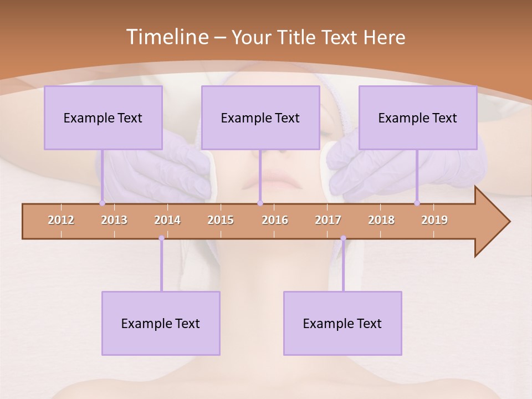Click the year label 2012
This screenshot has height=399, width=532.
click(x=61, y=220)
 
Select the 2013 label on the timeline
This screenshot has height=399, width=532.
click(x=114, y=220)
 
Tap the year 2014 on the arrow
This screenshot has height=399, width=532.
click(x=167, y=220)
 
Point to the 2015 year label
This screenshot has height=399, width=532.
click(x=221, y=220)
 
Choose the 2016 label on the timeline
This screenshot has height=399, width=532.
click(x=275, y=220)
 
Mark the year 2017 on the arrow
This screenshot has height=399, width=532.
click(x=328, y=220)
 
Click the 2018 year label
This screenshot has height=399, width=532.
click(x=381, y=220)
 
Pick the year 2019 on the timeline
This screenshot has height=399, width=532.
click(x=434, y=220)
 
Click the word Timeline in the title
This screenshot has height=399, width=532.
click(x=166, y=37)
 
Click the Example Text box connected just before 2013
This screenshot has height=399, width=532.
click(x=103, y=117)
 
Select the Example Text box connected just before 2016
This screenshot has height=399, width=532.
click(x=260, y=117)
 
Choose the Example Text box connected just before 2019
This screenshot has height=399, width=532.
click(x=418, y=117)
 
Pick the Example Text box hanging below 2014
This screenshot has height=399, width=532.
click(x=161, y=323)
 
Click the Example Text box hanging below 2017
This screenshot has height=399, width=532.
click(x=342, y=323)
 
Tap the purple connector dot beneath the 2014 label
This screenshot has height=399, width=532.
click(x=161, y=238)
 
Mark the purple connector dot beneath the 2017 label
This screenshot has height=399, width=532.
click(x=343, y=238)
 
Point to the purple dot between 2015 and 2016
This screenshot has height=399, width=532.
click(x=260, y=203)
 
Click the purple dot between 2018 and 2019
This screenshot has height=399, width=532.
click(x=417, y=203)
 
